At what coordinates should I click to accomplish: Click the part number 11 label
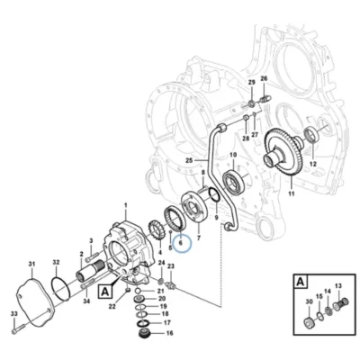[291, 193]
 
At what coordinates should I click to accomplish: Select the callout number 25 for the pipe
[189, 160]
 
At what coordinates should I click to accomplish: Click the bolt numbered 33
[17, 328]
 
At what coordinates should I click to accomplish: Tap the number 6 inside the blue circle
[181, 242]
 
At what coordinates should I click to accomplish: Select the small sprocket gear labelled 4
[156, 230]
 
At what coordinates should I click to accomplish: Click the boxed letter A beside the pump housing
[105, 292]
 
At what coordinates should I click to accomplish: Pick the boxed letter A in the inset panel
[301, 282]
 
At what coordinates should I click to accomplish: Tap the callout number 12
[313, 164]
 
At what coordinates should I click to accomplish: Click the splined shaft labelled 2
[90, 271]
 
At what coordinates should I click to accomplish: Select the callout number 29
[252, 82]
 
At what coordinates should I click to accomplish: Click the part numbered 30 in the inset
[310, 322]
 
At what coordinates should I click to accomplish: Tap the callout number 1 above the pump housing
[126, 205]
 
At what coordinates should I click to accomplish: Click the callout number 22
[112, 306]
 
